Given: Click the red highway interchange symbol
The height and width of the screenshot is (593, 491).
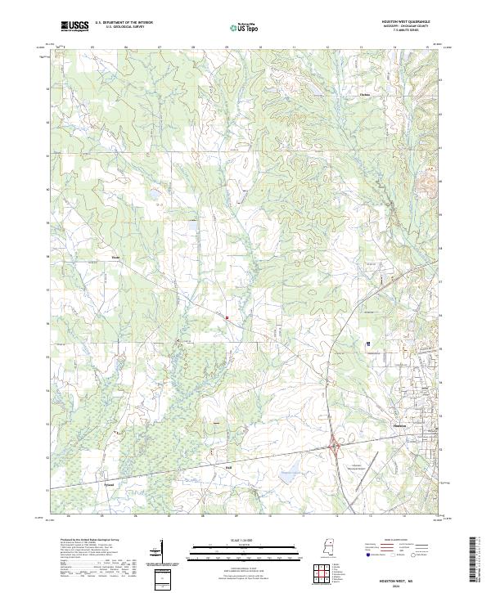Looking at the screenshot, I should [335, 447].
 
